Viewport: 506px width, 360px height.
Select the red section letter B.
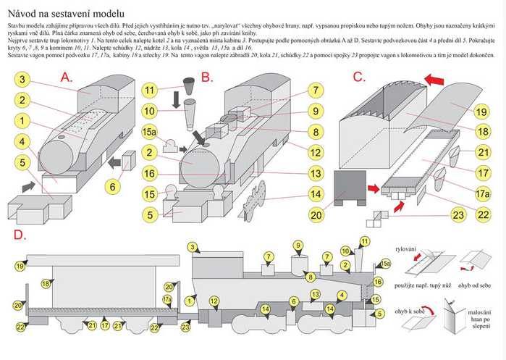(x=206, y=76)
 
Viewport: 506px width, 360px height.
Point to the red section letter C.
(x=358, y=76)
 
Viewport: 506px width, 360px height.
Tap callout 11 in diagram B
(x=150, y=91)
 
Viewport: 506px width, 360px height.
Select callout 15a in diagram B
(x=150, y=132)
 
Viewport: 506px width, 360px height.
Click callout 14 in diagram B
(x=314, y=193)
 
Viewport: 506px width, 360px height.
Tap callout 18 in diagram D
(x=46, y=284)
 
